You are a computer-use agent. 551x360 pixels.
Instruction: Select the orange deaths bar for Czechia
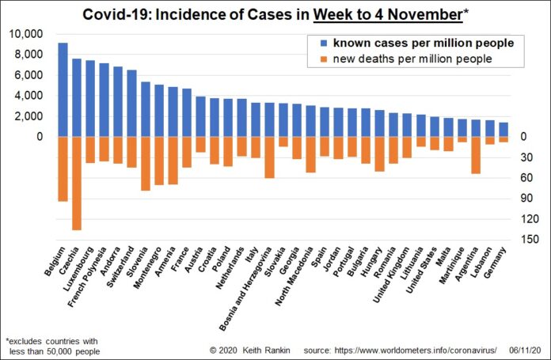77,184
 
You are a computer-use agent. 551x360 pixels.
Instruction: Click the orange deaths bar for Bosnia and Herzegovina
270,157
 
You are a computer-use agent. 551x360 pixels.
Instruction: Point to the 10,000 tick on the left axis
28,34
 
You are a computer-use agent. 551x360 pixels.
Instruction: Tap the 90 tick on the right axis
520,198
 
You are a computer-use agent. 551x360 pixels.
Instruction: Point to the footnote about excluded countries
52,344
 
